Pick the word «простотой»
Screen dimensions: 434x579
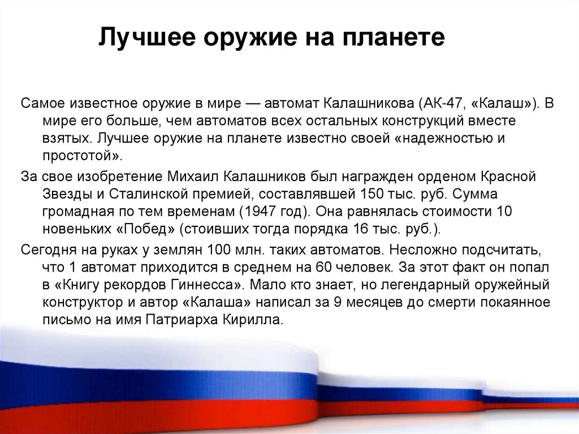click(x=80, y=156)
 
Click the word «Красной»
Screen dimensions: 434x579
click(x=508, y=176)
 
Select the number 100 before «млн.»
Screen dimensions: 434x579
click(x=218, y=250)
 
